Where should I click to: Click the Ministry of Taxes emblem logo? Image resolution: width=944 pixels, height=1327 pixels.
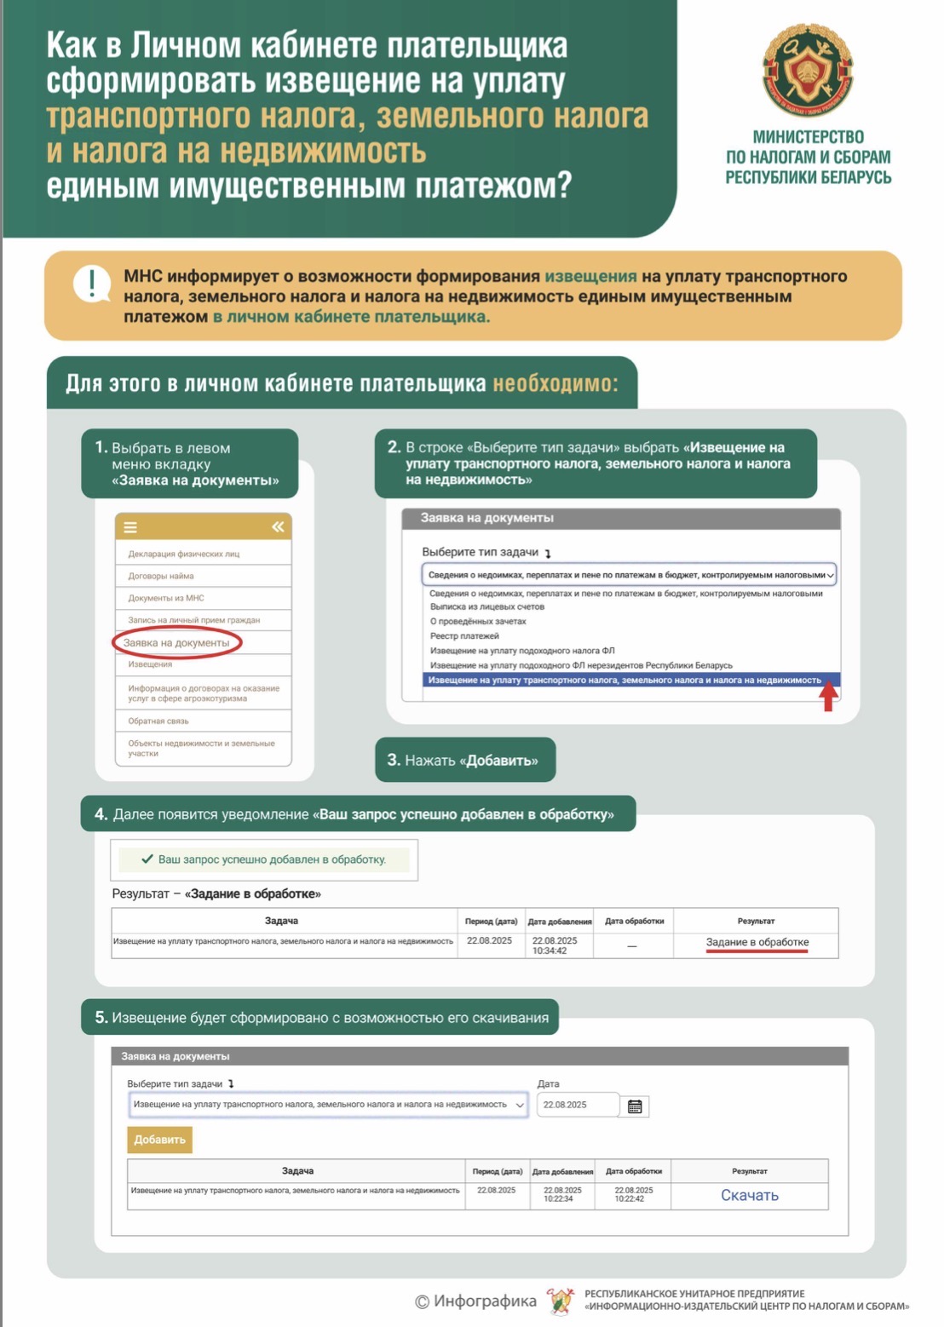pyautogui.click(x=807, y=71)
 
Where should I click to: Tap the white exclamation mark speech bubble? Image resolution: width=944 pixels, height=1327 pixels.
pyautogui.click(x=91, y=283)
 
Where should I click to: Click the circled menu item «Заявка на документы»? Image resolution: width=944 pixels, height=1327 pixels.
pyautogui.click(x=177, y=642)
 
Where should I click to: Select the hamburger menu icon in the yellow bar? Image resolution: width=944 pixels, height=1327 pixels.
pyautogui.click(x=130, y=527)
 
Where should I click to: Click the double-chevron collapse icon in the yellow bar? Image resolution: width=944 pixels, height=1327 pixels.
pyautogui.click(x=278, y=527)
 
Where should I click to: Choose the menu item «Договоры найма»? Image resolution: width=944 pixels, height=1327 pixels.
pyautogui.click(x=161, y=576)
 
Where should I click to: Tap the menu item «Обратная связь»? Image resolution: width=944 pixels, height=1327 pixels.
pyautogui.click(x=158, y=721)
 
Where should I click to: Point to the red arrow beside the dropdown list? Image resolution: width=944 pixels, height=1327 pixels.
pyautogui.click(x=828, y=697)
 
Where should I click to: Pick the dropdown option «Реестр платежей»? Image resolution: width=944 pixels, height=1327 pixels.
pyautogui.click(x=464, y=635)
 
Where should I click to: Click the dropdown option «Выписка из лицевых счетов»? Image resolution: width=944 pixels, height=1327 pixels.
pyautogui.click(x=487, y=606)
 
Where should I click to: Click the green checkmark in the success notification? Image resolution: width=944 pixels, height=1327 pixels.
pyautogui.click(x=147, y=859)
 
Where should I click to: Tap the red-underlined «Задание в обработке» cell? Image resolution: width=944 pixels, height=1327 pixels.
pyautogui.click(x=757, y=943)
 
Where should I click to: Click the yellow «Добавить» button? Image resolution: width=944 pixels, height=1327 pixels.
pyautogui.click(x=159, y=1140)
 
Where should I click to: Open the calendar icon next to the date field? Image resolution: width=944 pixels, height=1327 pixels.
pyautogui.click(x=635, y=1106)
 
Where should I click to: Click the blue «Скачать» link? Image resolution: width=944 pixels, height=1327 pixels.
pyautogui.click(x=750, y=1195)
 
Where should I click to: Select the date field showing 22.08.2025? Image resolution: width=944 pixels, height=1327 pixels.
pyautogui.click(x=578, y=1105)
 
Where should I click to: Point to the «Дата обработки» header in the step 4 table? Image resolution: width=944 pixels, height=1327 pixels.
pyautogui.click(x=634, y=921)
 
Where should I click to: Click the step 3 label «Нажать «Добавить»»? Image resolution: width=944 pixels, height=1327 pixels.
pyautogui.click(x=464, y=760)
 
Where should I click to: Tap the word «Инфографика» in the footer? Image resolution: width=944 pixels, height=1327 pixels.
pyautogui.click(x=485, y=1301)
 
